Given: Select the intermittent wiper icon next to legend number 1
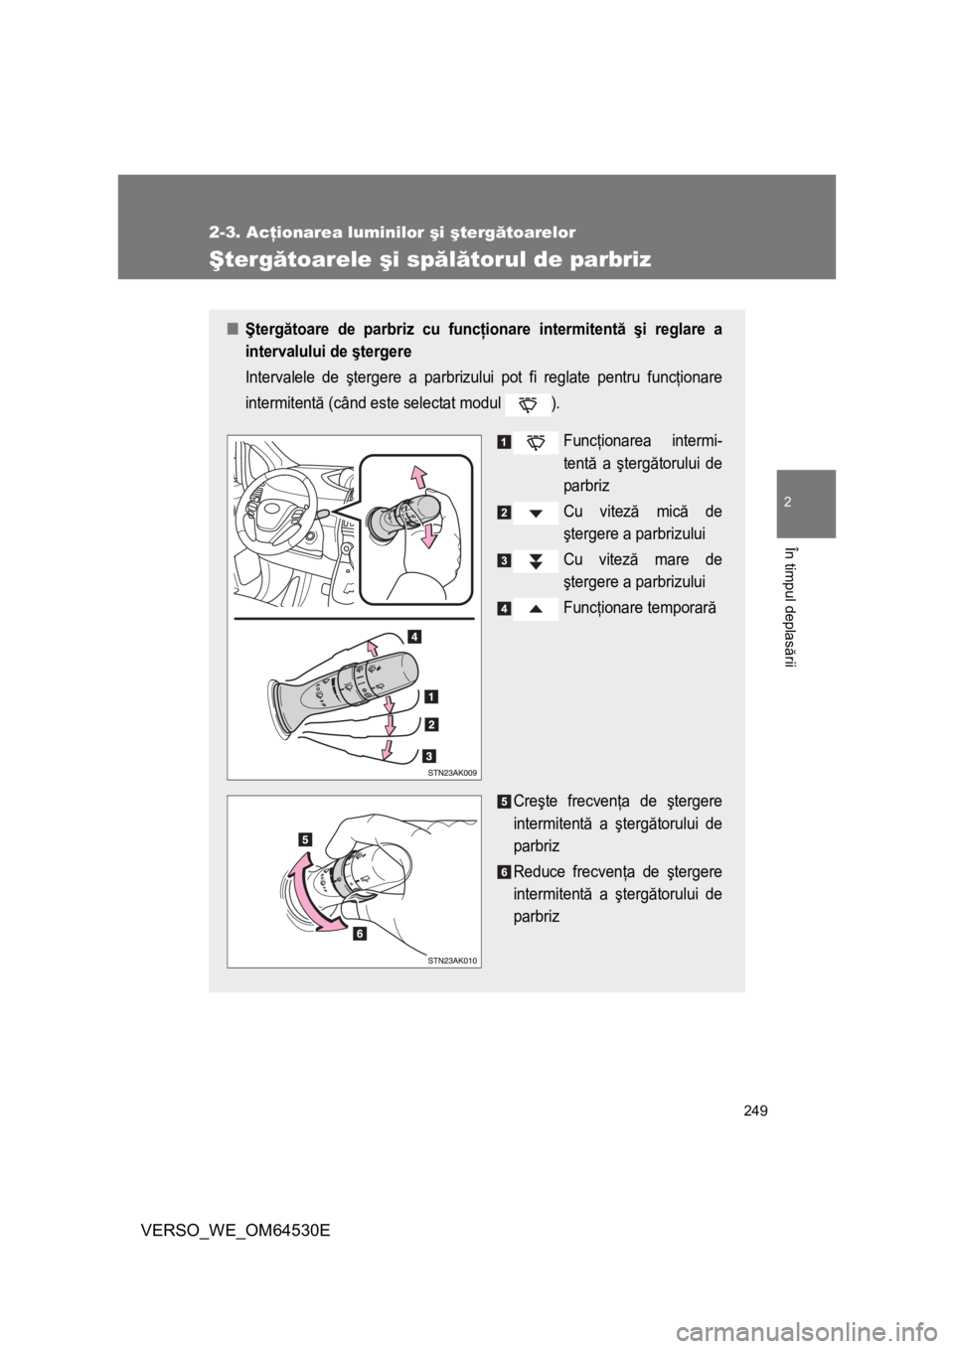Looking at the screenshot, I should (x=536, y=441).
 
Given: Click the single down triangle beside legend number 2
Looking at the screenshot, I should (x=536, y=513).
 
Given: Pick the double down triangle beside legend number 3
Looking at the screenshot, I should (x=536, y=560).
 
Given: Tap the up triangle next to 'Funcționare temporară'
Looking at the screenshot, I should (x=536, y=608).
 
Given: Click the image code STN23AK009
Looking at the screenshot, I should (x=453, y=771).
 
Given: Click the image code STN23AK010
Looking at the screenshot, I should (x=453, y=960).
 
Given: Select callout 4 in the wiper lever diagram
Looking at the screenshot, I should (x=412, y=637).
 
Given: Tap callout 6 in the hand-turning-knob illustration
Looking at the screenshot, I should (x=357, y=933).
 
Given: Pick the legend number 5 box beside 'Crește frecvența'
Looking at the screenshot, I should (x=505, y=803).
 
